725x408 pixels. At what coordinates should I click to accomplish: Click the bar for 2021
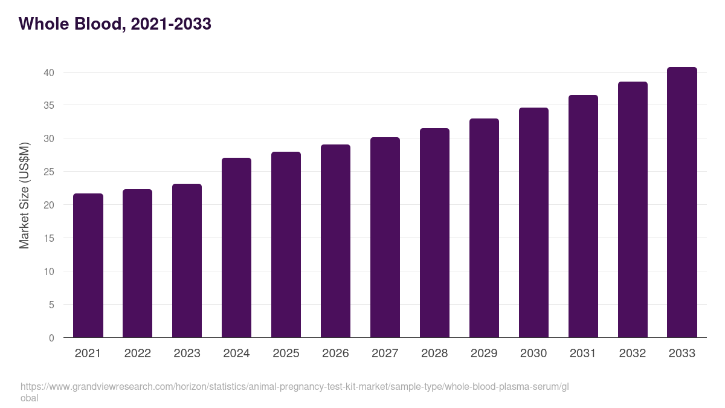88,266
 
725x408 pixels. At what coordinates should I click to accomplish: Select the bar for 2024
236,248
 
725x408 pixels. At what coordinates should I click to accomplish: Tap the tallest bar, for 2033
682,202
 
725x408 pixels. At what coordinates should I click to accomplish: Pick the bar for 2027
385,238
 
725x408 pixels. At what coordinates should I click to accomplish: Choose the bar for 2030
533,222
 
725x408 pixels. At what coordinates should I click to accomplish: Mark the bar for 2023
187,261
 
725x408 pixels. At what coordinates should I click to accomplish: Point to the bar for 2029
484,228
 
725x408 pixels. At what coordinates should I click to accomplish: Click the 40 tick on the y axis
49,73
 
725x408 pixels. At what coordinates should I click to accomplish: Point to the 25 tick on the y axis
49,172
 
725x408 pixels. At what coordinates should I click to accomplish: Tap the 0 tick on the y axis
51,338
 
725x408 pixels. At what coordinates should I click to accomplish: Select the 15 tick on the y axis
49,238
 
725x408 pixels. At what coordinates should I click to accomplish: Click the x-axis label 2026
335,354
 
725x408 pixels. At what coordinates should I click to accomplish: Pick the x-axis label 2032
633,354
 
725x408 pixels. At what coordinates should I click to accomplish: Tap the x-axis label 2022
137,354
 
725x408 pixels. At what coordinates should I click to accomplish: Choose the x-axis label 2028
434,354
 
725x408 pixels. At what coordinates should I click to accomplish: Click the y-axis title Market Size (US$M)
24,195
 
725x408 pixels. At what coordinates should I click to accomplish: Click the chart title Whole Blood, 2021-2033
115,24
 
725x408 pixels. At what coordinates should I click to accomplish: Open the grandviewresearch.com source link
294,387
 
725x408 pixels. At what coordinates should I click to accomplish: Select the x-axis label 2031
583,354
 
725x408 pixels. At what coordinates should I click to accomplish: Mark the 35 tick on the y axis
49,105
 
